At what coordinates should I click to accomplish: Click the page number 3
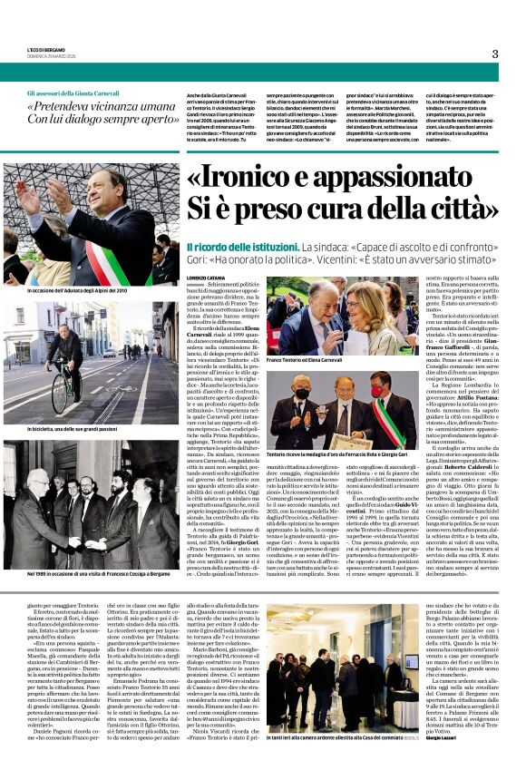click(494, 54)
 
